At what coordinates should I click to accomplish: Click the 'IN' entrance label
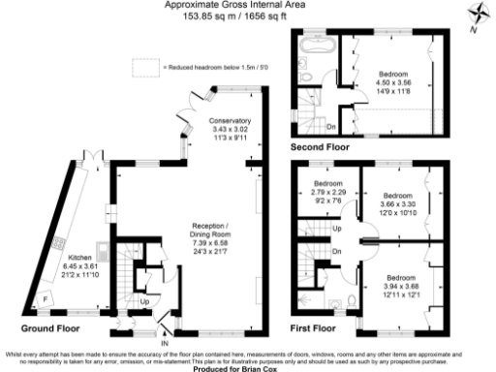[x=164, y=343]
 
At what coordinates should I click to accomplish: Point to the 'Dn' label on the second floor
[x=331, y=125]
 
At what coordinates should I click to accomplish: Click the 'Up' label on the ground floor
[x=145, y=300]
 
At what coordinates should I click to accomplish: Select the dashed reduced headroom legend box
[x=146, y=67]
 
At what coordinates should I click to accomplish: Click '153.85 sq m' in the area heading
[x=206, y=15]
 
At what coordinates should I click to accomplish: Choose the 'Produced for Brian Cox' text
[x=247, y=368]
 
